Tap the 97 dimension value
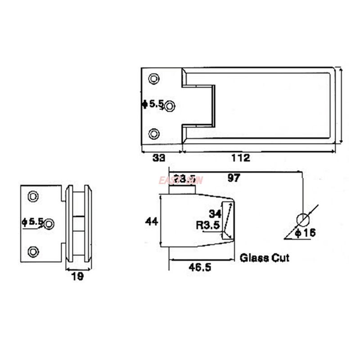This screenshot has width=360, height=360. point(234,178)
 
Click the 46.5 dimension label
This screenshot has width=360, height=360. point(200,266)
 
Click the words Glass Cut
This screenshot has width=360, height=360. point(264,258)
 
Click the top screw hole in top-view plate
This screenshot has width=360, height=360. point(154,78)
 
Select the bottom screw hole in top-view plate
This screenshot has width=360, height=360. point(154,134)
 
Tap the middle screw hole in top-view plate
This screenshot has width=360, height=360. point(170,106)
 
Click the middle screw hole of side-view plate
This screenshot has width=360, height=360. point(49,224)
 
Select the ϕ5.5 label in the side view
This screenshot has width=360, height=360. point(32,222)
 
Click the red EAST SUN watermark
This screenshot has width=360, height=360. point(181,180)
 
